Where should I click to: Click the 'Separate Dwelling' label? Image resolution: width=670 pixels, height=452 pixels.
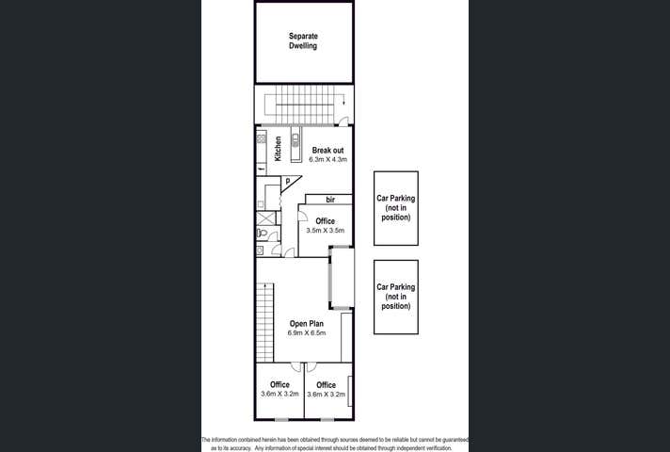pyautogui.click(x=302, y=40)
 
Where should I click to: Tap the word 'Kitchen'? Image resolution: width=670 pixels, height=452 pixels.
pyautogui.click(x=279, y=149)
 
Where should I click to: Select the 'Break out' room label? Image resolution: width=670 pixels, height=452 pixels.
pyautogui.click(x=327, y=150)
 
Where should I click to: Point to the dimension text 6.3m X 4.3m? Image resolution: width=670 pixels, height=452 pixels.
pyautogui.click(x=327, y=160)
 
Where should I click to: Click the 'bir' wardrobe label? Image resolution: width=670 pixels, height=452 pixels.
pyautogui.click(x=330, y=200)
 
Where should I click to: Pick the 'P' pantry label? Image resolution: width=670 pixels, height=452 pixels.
pyautogui.click(x=287, y=182)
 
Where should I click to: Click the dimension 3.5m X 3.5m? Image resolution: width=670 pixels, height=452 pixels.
pyautogui.click(x=326, y=231)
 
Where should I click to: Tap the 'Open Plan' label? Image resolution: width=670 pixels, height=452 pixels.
pyautogui.click(x=307, y=323)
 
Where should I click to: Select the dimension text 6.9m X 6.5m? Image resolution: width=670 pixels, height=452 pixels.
pyautogui.click(x=307, y=333)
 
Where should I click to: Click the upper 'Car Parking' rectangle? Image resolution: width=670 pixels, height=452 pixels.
pyautogui.click(x=395, y=208)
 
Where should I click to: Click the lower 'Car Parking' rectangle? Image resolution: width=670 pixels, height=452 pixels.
pyautogui.click(x=395, y=297)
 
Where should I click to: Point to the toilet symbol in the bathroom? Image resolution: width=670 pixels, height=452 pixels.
pyautogui.click(x=263, y=234)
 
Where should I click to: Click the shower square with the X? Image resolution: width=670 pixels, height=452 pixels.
pyautogui.click(x=263, y=218)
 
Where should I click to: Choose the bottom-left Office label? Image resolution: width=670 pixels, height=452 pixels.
pyautogui.click(x=279, y=384)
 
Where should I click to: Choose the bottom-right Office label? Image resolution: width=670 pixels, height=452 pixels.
pyautogui.click(x=326, y=384)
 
